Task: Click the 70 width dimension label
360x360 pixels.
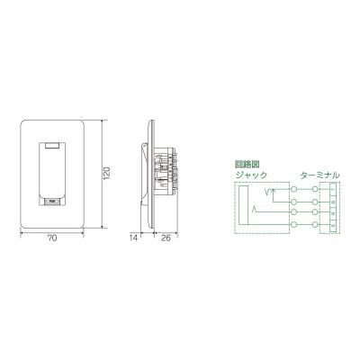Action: (52, 239)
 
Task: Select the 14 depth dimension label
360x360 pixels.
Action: (133, 239)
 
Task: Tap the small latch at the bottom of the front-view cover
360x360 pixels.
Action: (51, 201)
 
